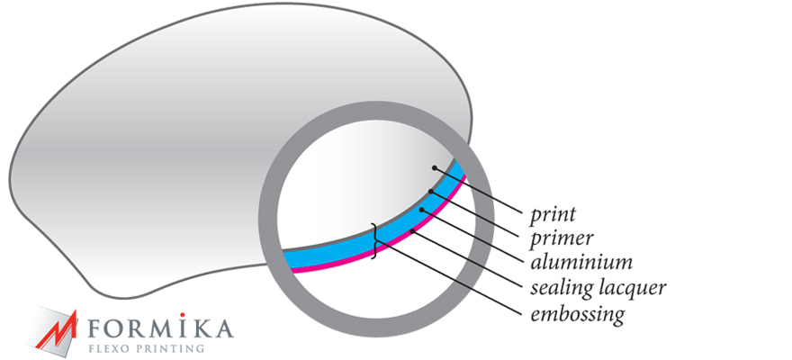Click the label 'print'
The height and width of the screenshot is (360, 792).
pyautogui.click(x=553, y=214)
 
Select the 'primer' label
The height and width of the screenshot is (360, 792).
pyautogui.click(x=562, y=238)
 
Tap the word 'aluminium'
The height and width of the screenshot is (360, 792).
pyautogui.click(x=580, y=262)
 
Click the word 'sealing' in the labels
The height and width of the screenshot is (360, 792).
pyautogui.click(x=560, y=288)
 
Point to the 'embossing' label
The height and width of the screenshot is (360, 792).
pyautogui.click(x=577, y=313)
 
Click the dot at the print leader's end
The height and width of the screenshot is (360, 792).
pyautogui.click(x=434, y=167)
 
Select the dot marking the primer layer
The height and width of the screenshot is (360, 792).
pyautogui.click(x=430, y=192)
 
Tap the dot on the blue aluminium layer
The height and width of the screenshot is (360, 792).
pyautogui.click(x=421, y=209)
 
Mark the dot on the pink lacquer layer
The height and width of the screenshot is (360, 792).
pyautogui.click(x=413, y=230)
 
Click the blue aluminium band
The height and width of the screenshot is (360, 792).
pyautogui.click(x=373, y=241)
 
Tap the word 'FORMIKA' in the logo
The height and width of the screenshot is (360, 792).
pyautogui.click(x=160, y=328)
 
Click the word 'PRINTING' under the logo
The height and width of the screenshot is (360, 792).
pyautogui.click(x=168, y=348)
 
